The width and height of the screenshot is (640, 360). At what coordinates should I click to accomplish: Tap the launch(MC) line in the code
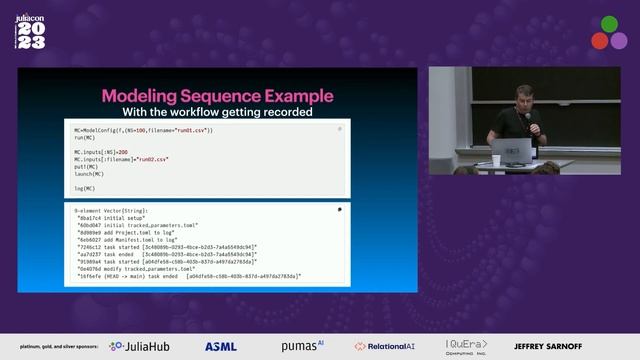(92, 174)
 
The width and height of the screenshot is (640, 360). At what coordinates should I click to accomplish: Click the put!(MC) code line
(87, 166)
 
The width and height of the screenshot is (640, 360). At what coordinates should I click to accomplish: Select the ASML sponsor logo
(220, 346)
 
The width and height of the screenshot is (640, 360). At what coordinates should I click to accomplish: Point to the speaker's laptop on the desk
(511, 151)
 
